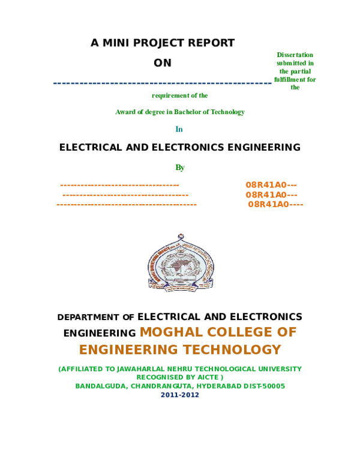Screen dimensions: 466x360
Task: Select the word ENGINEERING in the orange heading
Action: coord(128,349)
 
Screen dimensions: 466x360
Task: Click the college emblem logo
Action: coord(181,262)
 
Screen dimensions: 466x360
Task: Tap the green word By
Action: coord(179,167)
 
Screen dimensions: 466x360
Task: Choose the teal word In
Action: coord(179,129)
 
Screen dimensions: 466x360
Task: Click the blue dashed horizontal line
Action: coord(163,83)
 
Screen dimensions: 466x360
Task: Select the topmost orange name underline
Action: coord(119,185)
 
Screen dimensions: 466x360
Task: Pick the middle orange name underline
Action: coord(125,195)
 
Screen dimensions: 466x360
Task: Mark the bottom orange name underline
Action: coord(126,204)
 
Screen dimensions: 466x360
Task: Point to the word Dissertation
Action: coord(295,55)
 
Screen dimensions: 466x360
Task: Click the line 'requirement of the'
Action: coord(179,95)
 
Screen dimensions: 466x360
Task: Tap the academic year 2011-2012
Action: coord(179,395)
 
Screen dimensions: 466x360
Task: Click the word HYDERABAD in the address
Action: coord(220,386)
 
